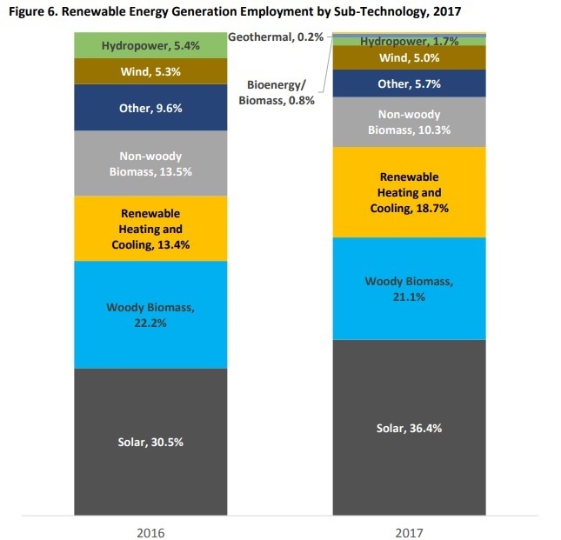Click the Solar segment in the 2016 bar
[150, 441]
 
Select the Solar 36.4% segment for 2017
[410, 428]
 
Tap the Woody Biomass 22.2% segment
[150, 314]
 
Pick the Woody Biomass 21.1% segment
[410, 288]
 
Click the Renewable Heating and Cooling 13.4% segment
[150, 228]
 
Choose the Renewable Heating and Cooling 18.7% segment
[410, 192]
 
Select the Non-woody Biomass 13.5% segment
[150, 163]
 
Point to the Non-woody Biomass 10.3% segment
[410, 122]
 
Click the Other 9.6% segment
[150, 108]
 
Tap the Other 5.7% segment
[410, 83]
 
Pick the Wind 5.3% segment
[150, 71]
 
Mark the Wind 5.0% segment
[410, 58]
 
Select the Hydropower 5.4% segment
[150, 45]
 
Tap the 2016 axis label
[150, 532]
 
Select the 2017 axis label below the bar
[410, 532]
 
